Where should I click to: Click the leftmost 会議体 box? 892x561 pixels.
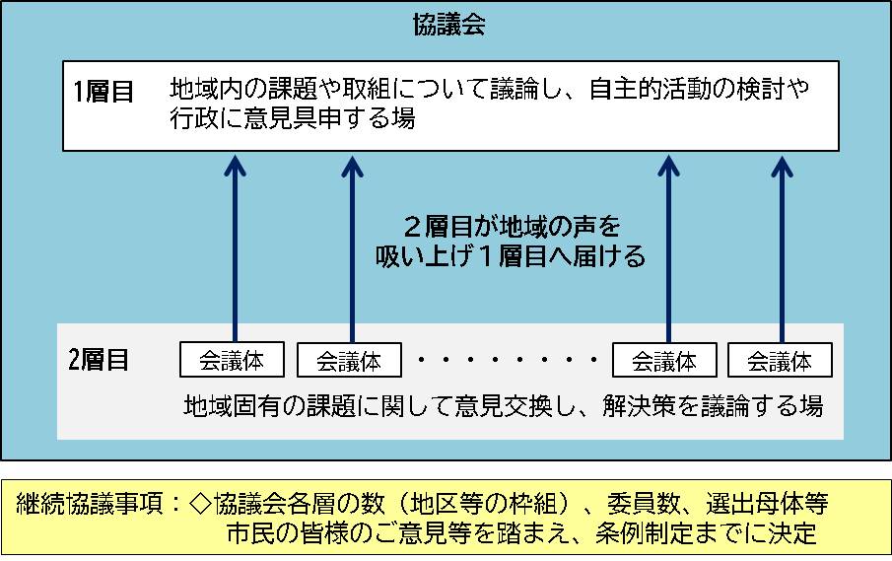tap(233, 360)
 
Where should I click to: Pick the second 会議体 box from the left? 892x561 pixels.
tap(350, 360)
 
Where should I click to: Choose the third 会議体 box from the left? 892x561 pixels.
tap(664, 360)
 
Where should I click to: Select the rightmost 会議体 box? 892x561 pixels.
tap(780, 360)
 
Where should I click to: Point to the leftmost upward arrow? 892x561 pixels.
tap(234, 246)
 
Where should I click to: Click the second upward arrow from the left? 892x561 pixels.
tap(351, 246)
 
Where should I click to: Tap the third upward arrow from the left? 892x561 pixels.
tap(666, 246)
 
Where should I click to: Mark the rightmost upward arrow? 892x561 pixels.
tap(781, 246)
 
